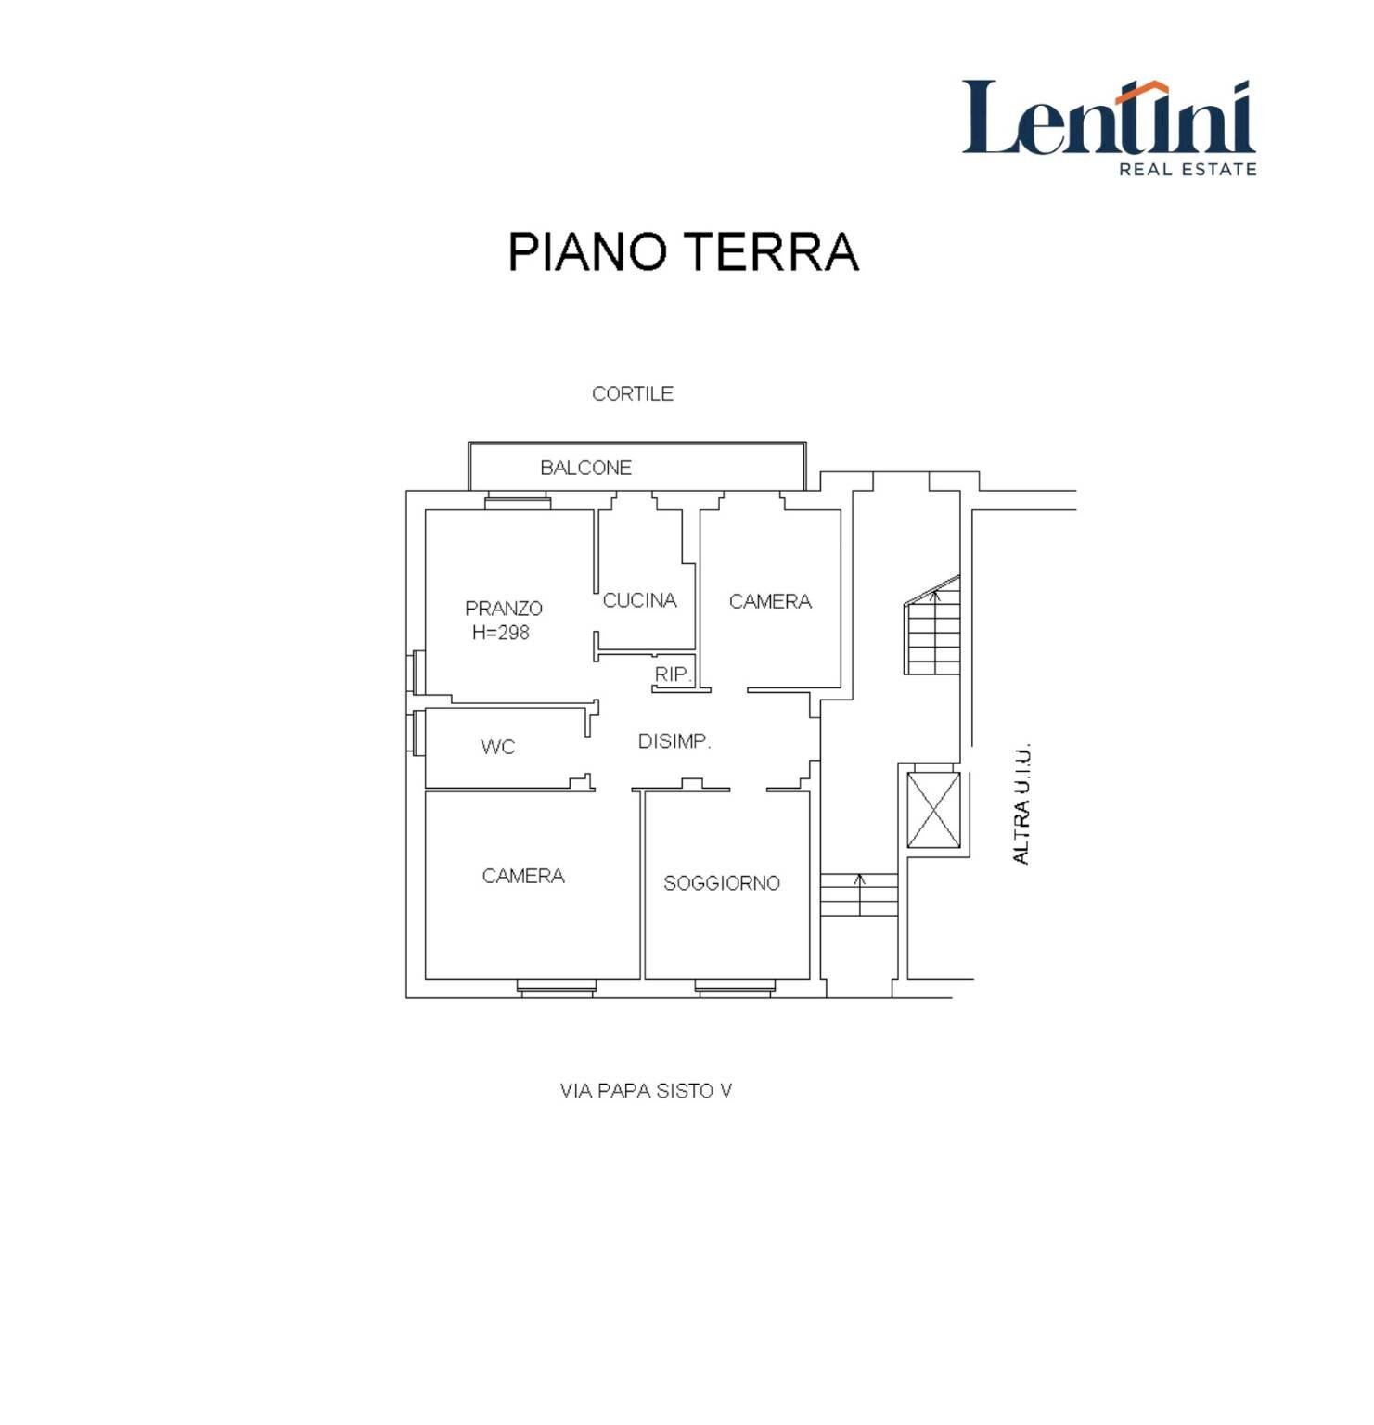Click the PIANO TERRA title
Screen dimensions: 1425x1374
[x=683, y=251]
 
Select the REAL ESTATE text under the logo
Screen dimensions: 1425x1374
[x=1188, y=169]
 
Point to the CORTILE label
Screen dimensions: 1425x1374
[x=633, y=393]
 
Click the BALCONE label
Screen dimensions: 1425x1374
[x=585, y=468]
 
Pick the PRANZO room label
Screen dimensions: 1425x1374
[x=504, y=609]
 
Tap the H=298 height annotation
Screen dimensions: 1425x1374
[x=501, y=633]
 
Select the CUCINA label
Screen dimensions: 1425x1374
[x=639, y=600]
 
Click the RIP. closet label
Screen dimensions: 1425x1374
[x=673, y=674]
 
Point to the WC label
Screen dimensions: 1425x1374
[x=497, y=747]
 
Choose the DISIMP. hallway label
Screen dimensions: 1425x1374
[x=674, y=741]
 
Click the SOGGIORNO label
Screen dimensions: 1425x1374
[x=721, y=883]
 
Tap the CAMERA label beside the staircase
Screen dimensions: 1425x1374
[x=770, y=601]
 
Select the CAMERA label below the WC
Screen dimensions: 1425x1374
[x=523, y=876]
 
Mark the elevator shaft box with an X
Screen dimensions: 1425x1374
[x=932, y=809]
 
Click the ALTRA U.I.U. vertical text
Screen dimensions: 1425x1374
[x=1021, y=804]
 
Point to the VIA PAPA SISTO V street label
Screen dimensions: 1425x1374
[x=646, y=1091]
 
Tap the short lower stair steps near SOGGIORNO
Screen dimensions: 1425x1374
[x=859, y=894]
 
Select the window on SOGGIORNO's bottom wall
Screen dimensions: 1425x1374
[x=734, y=989]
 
